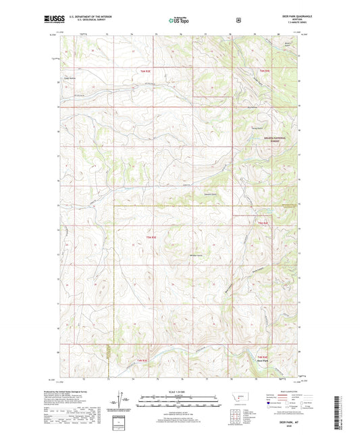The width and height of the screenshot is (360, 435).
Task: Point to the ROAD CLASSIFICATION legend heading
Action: tap(284, 390)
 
